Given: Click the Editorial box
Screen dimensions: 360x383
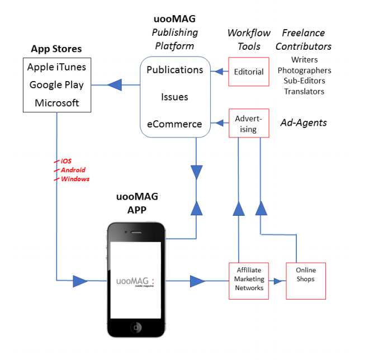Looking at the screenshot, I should pyautogui.click(x=249, y=72).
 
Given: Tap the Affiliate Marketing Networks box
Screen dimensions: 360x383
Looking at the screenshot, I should pyautogui.click(x=249, y=279).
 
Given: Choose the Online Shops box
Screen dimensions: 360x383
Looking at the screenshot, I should pyautogui.click(x=305, y=279).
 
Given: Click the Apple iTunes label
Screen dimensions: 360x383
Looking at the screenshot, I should pyautogui.click(x=56, y=67).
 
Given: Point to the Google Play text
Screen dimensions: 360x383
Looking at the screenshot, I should pyautogui.click(x=56, y=85).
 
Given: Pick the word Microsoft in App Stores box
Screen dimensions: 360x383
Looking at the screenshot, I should pyautogui.click(x=56, y=103).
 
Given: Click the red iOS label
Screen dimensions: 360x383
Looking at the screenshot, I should pyautogui.click(x=66, y=161).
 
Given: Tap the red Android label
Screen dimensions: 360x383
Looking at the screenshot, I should pyautogui.click(x=73, y=170).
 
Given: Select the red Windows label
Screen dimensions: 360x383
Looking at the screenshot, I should pyautogui.click(x=75, y=179).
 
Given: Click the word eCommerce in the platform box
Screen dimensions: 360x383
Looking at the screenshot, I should pyautogui.click(x=174, y=124).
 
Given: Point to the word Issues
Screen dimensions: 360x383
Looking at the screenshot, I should pyautogui.click(x=174, y=97).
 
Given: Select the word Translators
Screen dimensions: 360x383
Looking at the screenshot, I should pyautogui.click(x=304, y=91).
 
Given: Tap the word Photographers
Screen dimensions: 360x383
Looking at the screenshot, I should pyautogui.click(x=304, y=70).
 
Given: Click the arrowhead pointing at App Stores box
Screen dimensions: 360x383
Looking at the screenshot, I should pyautogui.click(x=115, y=85).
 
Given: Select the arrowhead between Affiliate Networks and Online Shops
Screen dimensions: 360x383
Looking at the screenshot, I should pyautogui.click(x=276, y=281).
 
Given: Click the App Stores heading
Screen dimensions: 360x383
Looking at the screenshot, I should pyautogui.click(x=56, y=49).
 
